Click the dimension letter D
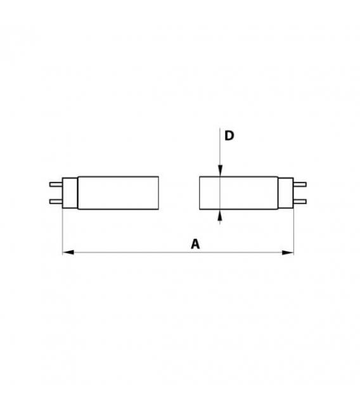[x=229, y=137]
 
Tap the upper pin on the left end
[x=56, y=184]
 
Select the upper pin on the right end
[x=302, y=184]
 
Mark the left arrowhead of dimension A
[x=67, y=253]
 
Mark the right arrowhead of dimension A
[x=290, y=253]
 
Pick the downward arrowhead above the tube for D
[x=219, y=170]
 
